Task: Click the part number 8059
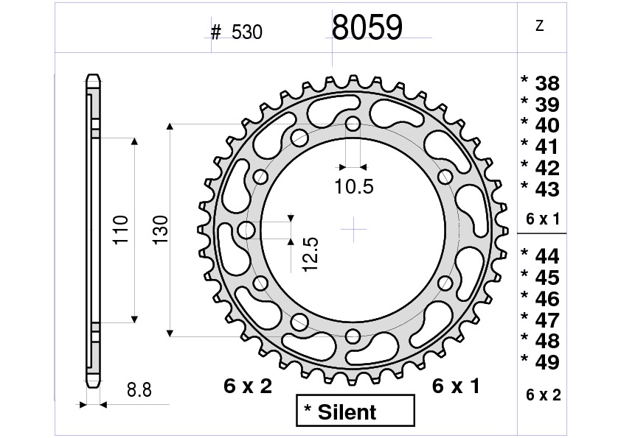[367, 28]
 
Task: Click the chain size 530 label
[246, 32]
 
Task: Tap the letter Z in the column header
[540, 27]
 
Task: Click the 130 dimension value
[161, 230]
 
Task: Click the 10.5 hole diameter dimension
[353, 187]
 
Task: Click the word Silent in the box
[347, 412]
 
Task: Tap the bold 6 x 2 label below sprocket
[248, 386]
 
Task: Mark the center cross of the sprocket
[354, 230]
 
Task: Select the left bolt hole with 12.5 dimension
[246, 230]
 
